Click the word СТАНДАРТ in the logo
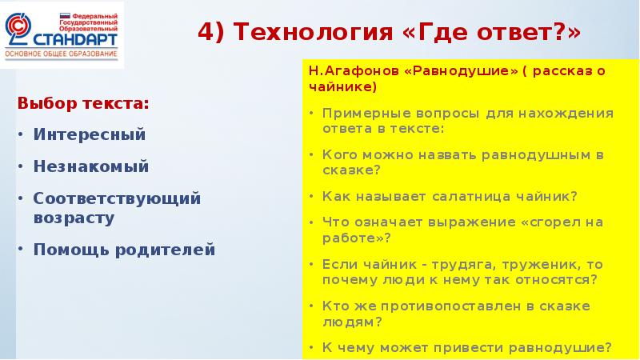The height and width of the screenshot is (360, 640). [75, 38]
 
